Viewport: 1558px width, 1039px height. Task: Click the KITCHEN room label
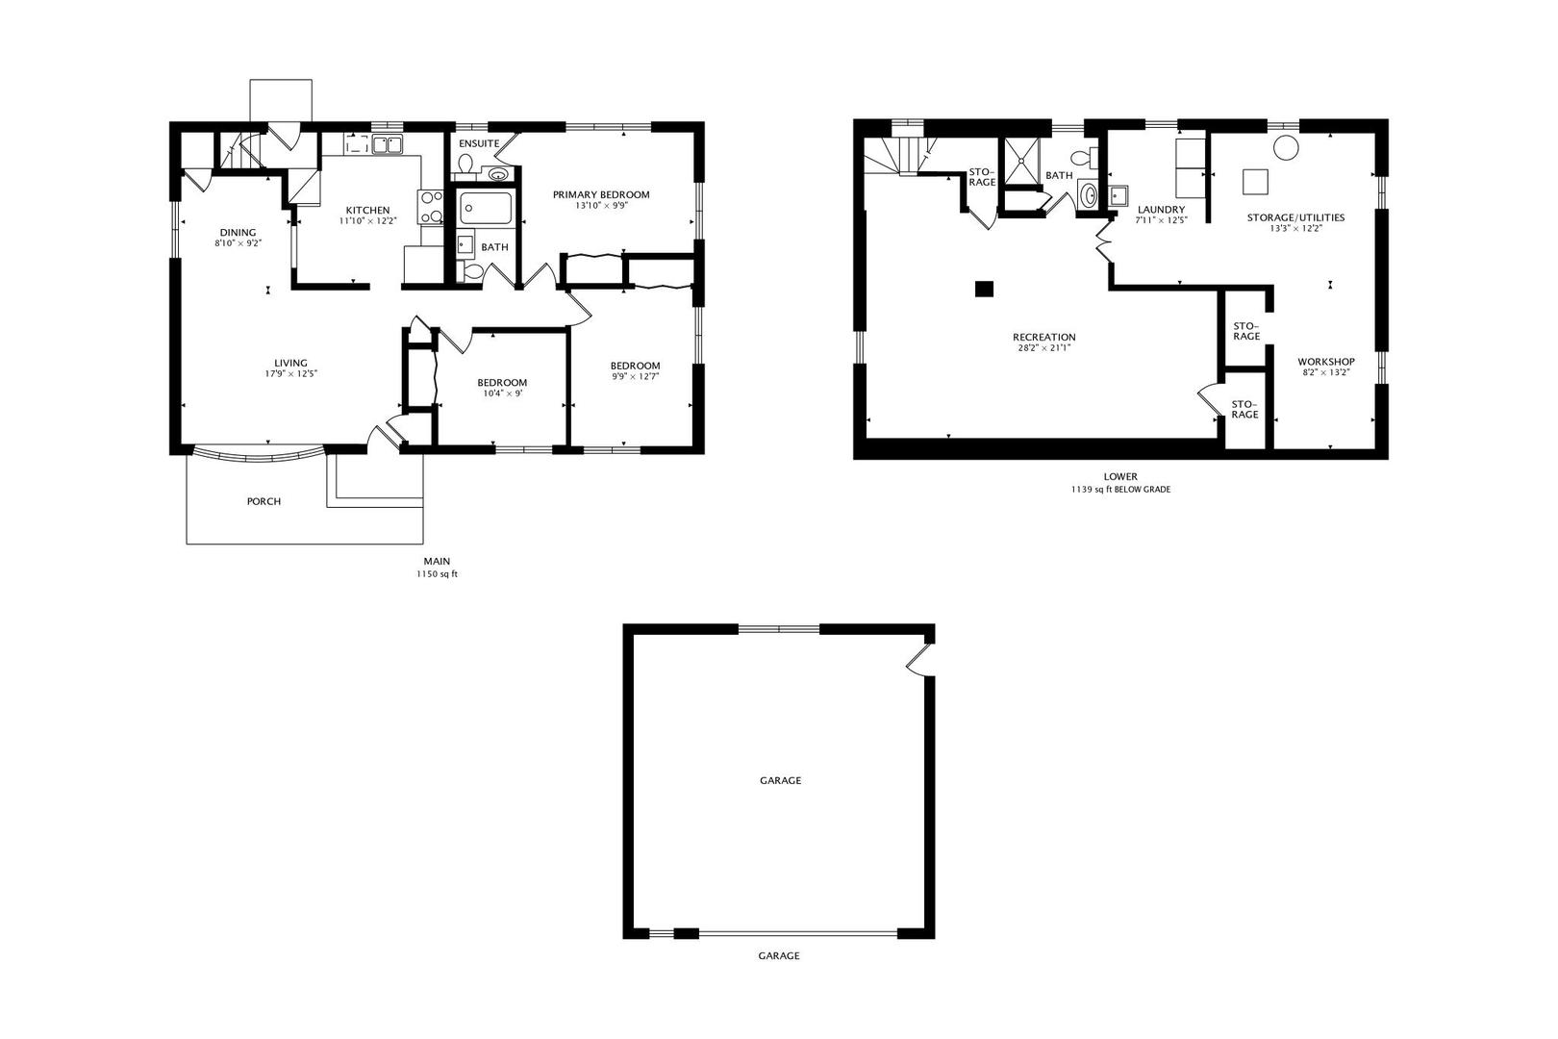tap(368, 210)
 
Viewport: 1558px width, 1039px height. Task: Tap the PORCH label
tap(264, 501)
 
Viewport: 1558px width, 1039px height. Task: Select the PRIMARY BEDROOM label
tap(601, 194)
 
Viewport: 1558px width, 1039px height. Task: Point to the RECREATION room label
tap(1043, 337)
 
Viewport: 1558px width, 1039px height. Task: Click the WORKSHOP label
tap(1325, 362)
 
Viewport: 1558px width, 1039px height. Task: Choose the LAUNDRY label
tap(1161, 210)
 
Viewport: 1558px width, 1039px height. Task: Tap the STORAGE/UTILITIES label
tap(1295, 217)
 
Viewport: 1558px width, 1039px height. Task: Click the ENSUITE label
tap(479, 143)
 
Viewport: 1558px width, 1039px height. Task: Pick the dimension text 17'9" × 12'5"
tap(290, 373)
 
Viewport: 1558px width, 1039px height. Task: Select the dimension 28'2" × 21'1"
tap(1043, 347)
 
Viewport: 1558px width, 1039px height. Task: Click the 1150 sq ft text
tap(437, 574)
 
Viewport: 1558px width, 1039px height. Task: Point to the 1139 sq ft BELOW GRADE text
tap(1120, 489)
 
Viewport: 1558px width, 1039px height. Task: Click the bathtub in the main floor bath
tap(486, 207)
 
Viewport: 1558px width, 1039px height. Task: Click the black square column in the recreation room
tap(984, 288)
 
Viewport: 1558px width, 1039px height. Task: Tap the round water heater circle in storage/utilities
tap(1286, 147)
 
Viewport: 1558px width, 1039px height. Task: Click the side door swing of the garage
tap(920, 659)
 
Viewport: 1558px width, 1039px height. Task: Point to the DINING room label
tap(238, 232)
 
